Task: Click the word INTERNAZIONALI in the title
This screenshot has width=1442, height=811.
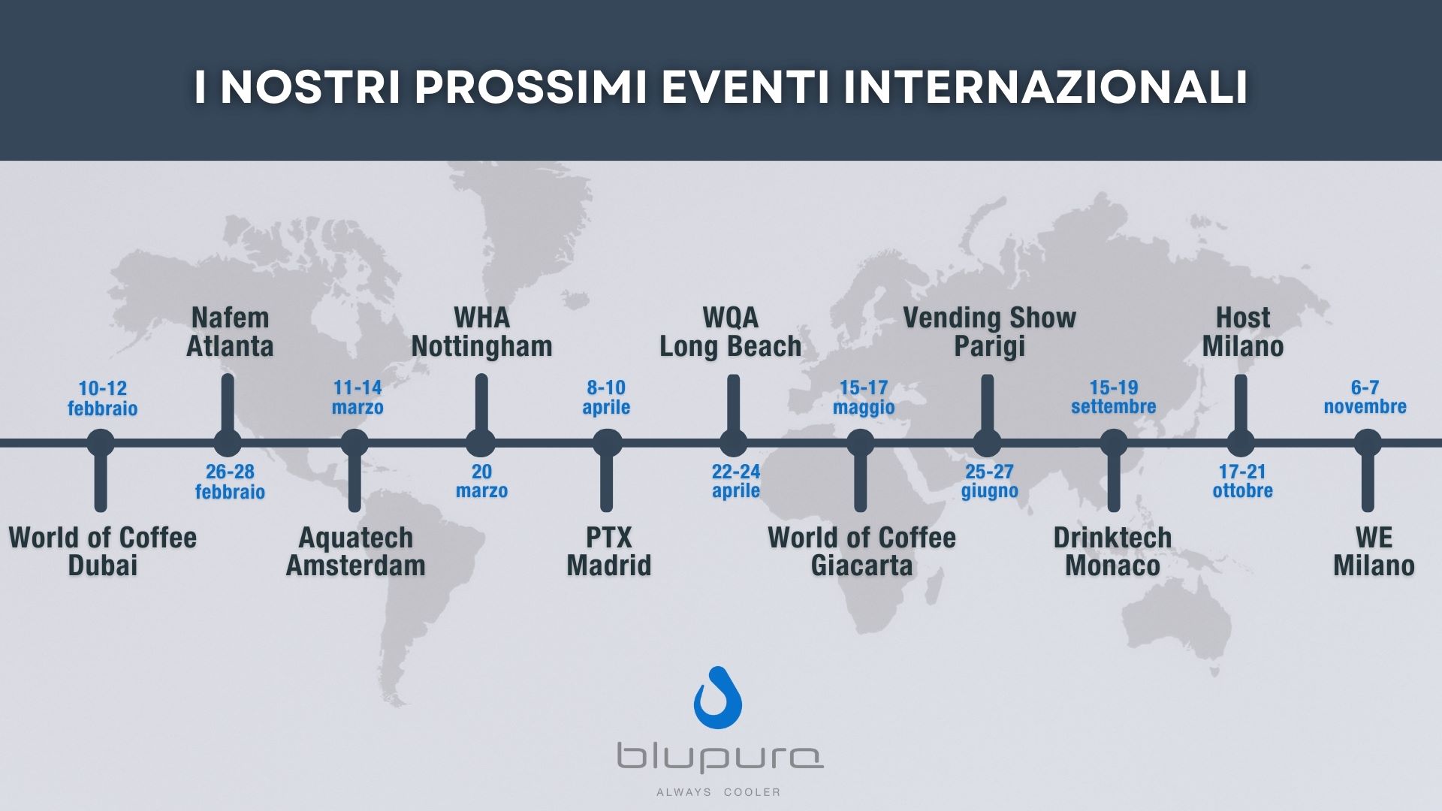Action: click(1045, 88)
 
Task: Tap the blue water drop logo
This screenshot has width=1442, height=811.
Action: click(718, 698)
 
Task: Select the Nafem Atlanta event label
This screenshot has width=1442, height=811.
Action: click(230, 332)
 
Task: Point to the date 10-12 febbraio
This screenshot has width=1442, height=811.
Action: click(103, 398)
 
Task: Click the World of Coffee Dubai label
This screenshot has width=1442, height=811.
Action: click(103, 551)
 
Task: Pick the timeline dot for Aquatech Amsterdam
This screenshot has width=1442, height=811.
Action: click(354, 443)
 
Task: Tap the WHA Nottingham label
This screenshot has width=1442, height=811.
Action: click(481, 332)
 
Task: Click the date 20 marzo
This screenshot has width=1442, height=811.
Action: click(481, 481)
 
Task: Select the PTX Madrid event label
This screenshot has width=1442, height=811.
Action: click(608, 551)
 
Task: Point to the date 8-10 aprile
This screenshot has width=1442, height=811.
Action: click(606, 397)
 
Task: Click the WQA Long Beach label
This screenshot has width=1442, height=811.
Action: click(730, 332)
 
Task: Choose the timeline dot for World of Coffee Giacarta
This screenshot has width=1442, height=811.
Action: click(861, 443)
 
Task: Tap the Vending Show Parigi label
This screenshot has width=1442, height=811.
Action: click(989, 332)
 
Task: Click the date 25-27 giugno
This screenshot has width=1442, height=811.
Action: click(989, 481)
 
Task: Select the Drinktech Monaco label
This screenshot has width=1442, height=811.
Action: click(1112, 551)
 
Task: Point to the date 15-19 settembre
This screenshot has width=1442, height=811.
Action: click(1114, 397)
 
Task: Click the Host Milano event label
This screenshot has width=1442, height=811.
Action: click(1243, 332)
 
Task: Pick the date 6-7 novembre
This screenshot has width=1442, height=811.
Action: click(1365, 397)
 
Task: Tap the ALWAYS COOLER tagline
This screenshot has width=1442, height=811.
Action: click(718, 792)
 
